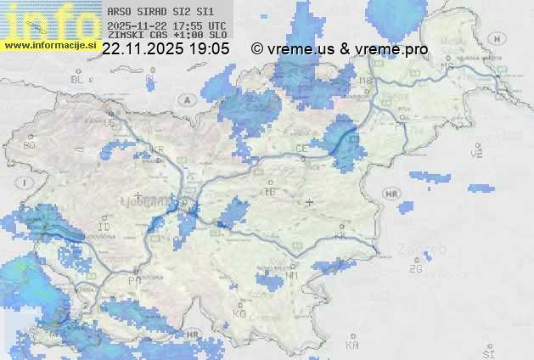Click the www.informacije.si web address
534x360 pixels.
pos(50,45)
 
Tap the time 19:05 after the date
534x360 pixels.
pos(211,49)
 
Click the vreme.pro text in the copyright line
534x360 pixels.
pos(392,49)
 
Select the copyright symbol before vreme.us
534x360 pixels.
pos(257,49)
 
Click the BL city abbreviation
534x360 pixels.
pos(78,79)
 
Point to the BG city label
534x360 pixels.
pos(30,145)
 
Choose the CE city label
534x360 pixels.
pos(301,148)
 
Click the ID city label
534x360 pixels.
pos(104,228)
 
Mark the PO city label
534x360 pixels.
pos(134,280)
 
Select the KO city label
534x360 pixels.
pos(239,313)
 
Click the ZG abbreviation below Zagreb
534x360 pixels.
pos(415,269)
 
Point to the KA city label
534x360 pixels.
pos(352,346)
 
